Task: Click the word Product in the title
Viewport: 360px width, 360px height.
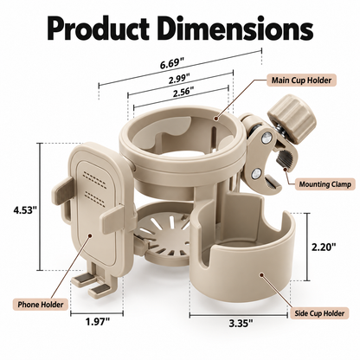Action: pos(99,29)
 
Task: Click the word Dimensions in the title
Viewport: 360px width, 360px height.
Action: pos(235,29)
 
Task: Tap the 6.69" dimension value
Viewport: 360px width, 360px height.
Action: pos(172,63)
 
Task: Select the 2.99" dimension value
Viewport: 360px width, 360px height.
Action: pos(179,79)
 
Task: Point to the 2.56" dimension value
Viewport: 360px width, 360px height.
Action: pos(183,93)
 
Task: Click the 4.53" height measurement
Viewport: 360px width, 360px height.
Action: pos(25,209)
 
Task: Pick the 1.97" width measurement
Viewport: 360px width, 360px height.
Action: pos(98,321)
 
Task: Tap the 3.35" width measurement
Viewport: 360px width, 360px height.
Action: pos(241,324)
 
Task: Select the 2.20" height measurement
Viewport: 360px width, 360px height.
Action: pos(324,247)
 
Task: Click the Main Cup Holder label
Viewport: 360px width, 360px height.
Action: pos(301,80)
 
